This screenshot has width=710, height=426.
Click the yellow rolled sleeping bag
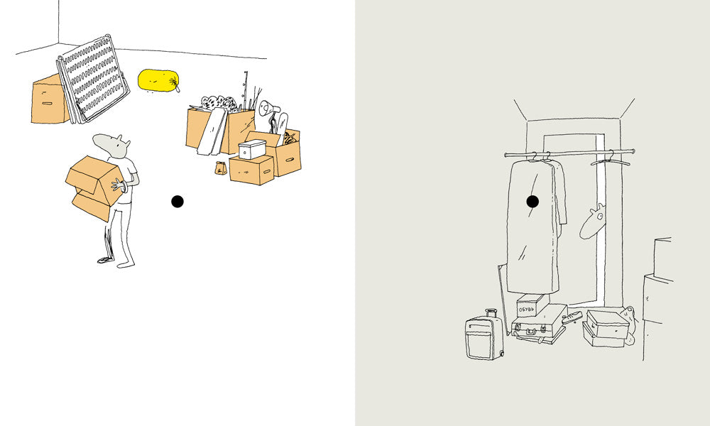click(158, 80)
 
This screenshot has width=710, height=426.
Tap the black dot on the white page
click(177, 202)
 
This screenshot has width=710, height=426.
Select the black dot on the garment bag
click(532, 202)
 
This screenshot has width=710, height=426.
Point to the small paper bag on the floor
click(221, 168)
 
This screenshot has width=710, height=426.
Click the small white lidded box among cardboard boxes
click(252, 149)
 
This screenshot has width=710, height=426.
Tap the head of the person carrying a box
click(112, 146)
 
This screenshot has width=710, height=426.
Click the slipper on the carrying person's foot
click(104, 260)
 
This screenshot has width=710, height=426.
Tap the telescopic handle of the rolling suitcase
click(491, 313)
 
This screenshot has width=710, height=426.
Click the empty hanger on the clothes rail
click(610, 159)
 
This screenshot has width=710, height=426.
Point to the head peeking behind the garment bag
click(592, 222)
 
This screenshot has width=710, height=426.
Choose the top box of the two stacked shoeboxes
click(608, 323)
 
